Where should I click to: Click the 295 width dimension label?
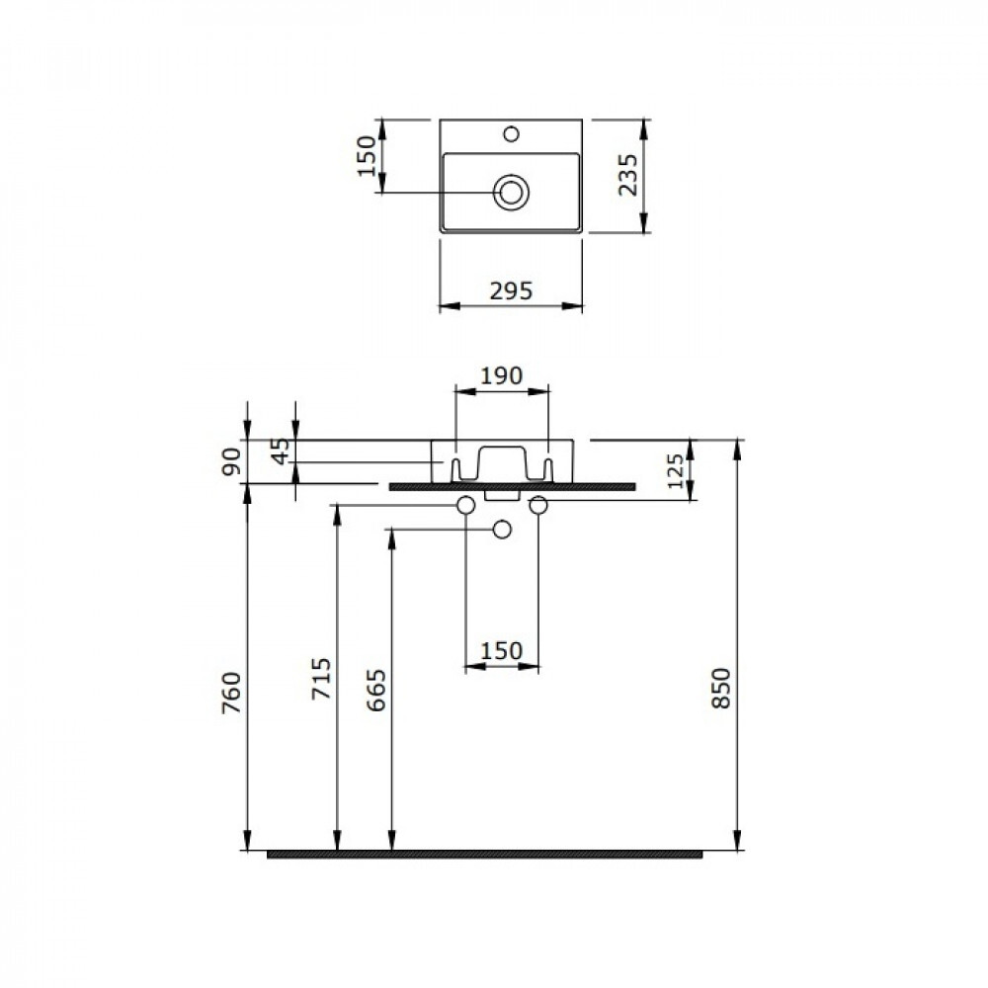(x=511, y=291)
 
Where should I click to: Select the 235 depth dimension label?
(x=627, y=175)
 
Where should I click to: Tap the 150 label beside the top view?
(x=367, y=156)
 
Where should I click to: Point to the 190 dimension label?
(x=502, y=375)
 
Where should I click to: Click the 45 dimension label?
(x=281, y=451)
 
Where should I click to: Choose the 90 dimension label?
(x=231, y=461)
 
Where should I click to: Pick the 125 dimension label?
(x=675, y=470)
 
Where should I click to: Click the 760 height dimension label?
(x=231, y=693)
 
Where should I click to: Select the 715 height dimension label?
(x=321, y=678)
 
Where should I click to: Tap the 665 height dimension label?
(x=376, y=691)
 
